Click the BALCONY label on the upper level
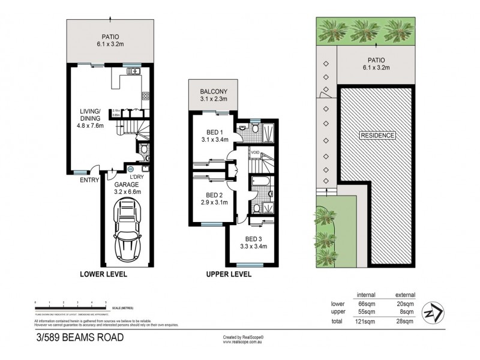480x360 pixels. coord(212,92)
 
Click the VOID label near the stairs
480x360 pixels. coord(254,152)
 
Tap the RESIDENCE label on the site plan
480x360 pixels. coord(377,136)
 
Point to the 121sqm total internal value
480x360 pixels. coord(366,322)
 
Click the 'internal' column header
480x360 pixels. coord(366,295)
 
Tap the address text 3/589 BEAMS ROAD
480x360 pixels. coord(80,337)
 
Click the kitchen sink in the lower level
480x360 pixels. coord(133,71)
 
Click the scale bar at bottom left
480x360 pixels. coord(71,304)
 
